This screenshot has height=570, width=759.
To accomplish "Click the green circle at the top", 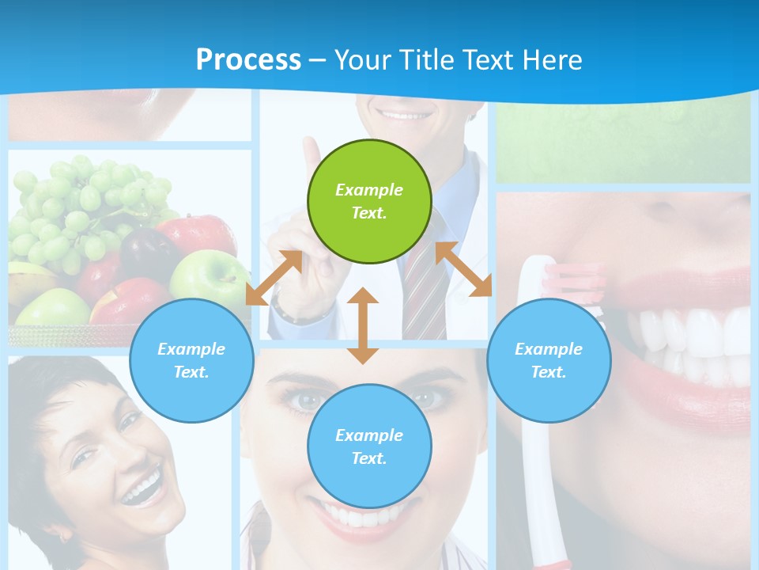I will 369,202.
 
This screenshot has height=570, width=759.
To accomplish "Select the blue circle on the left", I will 191,360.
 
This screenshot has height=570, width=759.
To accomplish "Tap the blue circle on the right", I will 549,360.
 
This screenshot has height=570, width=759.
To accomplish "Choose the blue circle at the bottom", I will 369,446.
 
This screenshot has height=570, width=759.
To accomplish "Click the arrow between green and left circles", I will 274,278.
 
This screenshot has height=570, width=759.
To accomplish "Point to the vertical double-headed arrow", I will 363,325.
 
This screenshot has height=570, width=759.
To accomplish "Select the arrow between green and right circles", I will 463,269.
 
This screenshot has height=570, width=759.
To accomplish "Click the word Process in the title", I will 248,59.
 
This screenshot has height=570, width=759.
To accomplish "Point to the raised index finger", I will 312,158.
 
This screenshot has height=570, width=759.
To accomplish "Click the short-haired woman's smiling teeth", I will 142,489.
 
